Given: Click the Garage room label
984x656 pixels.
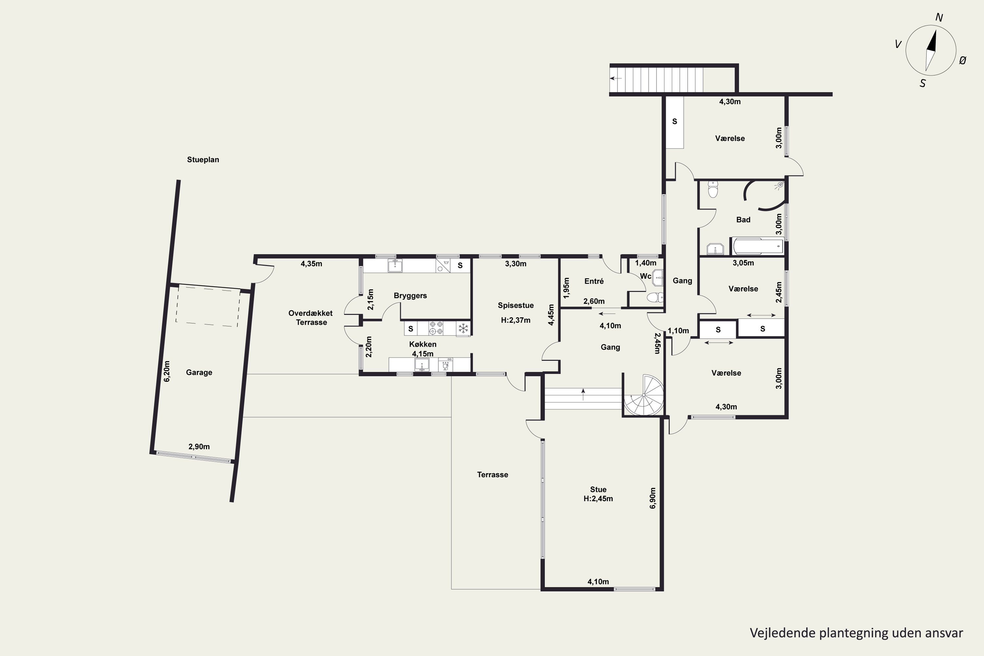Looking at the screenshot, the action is (199, 372).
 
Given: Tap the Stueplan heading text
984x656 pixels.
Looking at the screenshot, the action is (203, 159).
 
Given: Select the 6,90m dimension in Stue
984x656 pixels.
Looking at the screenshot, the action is (653, 498).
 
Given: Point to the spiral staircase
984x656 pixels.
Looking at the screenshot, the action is (644, 395).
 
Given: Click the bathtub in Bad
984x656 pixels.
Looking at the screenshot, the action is (758, 246).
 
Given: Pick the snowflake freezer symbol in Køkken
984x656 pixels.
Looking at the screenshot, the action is (463, 328).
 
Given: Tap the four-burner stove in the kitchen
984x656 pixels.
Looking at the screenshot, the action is (436, 328).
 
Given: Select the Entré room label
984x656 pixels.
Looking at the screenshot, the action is (594, 281).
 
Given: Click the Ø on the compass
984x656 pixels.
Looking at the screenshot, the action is (963, 61).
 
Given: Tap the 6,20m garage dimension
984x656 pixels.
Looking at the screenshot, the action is (167, 371).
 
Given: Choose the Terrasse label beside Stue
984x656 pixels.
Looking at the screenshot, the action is (492, 474).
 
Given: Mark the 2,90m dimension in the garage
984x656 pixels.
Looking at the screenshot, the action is (199, 446).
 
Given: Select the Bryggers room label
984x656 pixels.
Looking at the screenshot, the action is (410, 296).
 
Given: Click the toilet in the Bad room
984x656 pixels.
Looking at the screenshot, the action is (712, 189).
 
